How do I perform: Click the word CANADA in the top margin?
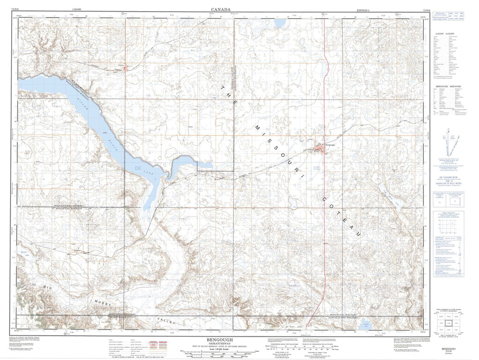coord(220,9)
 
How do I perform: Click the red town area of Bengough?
coord(320,150)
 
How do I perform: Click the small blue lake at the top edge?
coord(281,22)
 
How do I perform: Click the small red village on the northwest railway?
coord(125,69)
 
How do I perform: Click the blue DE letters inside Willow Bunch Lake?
coord(138,167)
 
